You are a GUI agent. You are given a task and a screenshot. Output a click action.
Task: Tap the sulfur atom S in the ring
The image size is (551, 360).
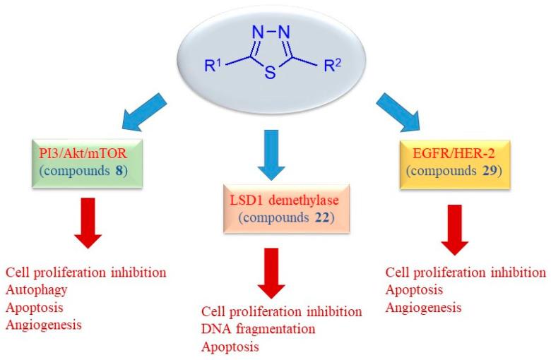(x=271, y=73)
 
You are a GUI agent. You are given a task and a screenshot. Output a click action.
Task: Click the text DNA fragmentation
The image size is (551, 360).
(x=258, y=330)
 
